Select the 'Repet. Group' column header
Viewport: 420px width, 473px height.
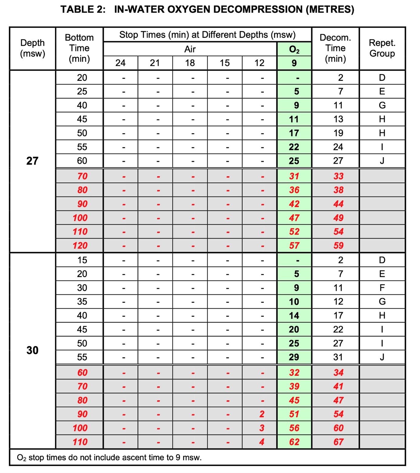tap(382, 48)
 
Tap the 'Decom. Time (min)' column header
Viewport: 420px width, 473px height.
tap(335, 48)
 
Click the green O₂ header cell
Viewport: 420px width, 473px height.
tap(294, 49)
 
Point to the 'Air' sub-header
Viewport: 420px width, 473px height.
tap(190, 49)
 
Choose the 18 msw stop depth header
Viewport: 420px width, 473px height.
tap(190, 63)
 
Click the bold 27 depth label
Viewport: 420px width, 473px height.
tap(32, 161)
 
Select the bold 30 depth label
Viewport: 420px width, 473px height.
tap(32, 350)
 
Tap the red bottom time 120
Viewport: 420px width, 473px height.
tap(80, 245)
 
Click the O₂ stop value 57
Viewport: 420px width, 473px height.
tap(294, 245)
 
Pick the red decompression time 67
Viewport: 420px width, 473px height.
tap(338, 442)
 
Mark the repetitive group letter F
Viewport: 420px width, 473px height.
tap(382, 288)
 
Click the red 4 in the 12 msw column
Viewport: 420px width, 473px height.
tap(262, 442)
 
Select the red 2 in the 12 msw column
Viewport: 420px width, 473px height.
tap(262, 414)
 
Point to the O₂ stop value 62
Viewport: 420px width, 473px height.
tap(294, 442)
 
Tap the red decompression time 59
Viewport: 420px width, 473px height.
tap(338, 245)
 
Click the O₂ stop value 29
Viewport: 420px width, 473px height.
tap(294, 357)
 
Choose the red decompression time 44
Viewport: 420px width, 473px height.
tap(338, 204)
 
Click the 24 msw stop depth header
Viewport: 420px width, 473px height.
tap(120, 63)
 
